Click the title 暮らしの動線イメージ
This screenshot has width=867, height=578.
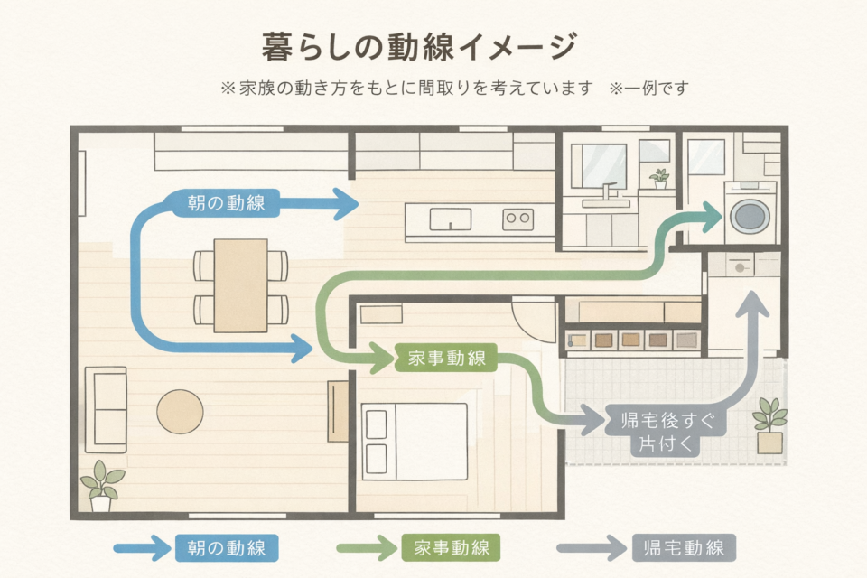tap(419, 46)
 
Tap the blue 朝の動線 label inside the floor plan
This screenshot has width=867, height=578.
tap(226, 203)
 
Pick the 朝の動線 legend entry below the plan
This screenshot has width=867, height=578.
tap(226, 547)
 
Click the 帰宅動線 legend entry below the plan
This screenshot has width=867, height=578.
tap(684, 547)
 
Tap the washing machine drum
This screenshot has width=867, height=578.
tap(749, 215)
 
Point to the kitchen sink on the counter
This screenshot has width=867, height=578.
tap(450, 219)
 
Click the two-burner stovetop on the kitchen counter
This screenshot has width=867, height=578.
tap(517, 218)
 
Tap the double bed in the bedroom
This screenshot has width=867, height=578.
tap(415, 442)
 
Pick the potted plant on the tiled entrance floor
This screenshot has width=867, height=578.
tap(769, 424)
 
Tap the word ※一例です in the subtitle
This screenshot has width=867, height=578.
tap(649, 89)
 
